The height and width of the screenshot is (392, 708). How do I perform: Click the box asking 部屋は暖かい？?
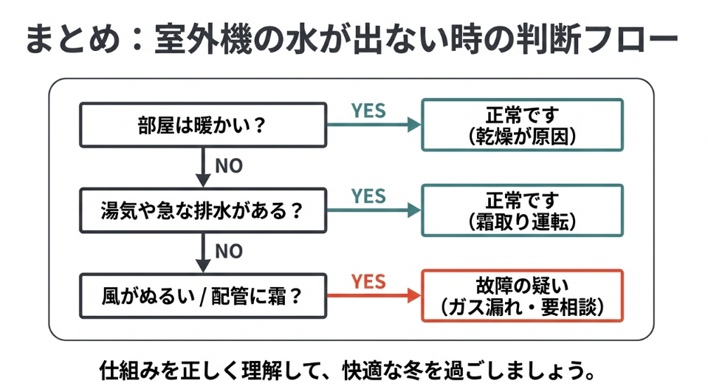[x=202, y=125]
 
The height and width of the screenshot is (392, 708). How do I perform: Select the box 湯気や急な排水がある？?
[x=202, y=210]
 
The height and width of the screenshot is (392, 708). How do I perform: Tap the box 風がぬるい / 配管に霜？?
[x=202, y=296]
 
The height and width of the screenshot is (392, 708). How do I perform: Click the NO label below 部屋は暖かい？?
[x=229, y=166]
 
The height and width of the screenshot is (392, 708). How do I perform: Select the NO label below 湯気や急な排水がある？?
[x=229, y=252]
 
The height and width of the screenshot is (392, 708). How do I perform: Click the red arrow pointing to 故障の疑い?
[x=373, y=296]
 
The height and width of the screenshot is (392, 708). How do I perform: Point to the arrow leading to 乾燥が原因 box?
[x=373, y=125]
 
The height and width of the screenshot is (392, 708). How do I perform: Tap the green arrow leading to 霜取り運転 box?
[x=373, y=210]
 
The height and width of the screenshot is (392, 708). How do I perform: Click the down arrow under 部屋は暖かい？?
[x=202, y=167]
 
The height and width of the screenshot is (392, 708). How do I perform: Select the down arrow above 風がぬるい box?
[x=202, y=252]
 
